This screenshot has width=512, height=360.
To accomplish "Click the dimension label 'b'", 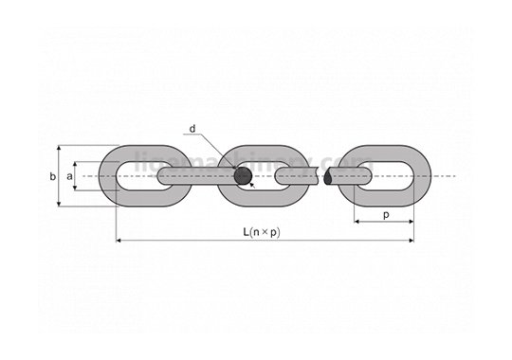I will (x=53, y=176).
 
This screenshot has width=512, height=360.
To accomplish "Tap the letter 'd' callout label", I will (x=192, y=128).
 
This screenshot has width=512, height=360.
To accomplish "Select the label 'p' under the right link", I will (x=386, y=215).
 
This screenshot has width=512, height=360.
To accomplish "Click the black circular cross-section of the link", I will (x=244, y=176).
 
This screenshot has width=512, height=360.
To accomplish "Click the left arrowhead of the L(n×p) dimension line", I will (x=119, y=241).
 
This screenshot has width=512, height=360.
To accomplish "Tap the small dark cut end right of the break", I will (x=329, y=176).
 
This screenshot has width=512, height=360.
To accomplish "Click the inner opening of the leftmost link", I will (x=133, y=176).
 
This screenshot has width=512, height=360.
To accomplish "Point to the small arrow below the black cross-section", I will (x=253, y=187).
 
